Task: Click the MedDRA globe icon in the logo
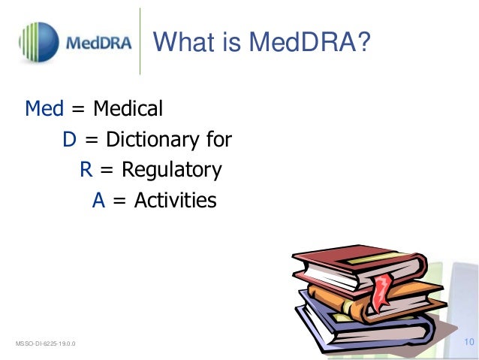[x=38, y=42]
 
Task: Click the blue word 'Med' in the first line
[x=44, y=109]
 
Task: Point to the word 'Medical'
[x=128, y=109]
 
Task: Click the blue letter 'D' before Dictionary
[x=70, y=140]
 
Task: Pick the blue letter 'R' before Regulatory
[x=86, y=170]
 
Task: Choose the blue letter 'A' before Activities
[x=98, y=201]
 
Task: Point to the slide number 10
[x=470, y=343]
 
